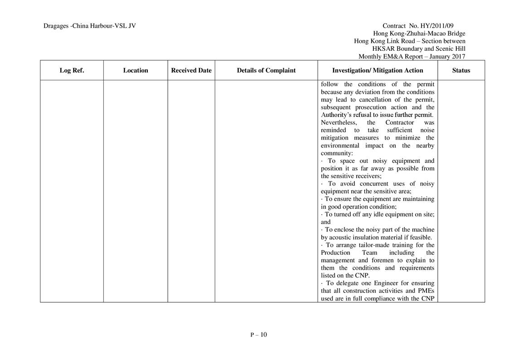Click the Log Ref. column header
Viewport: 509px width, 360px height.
click(72, 70)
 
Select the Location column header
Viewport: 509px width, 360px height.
click(136, 70)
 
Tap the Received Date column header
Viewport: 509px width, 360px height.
click(191, 70)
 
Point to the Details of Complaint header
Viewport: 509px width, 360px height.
click(266, 70)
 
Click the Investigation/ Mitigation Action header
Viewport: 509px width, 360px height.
click(378, 70)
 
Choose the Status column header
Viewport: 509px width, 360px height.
click(461, 70)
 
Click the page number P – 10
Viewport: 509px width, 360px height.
click(258, 335)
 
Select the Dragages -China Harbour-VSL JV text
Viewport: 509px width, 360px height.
click(90, 26)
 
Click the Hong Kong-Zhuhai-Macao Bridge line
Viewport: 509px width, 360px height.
click(419, 34)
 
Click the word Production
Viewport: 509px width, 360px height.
click(335, 252)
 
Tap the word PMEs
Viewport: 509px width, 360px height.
click(426, 291)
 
